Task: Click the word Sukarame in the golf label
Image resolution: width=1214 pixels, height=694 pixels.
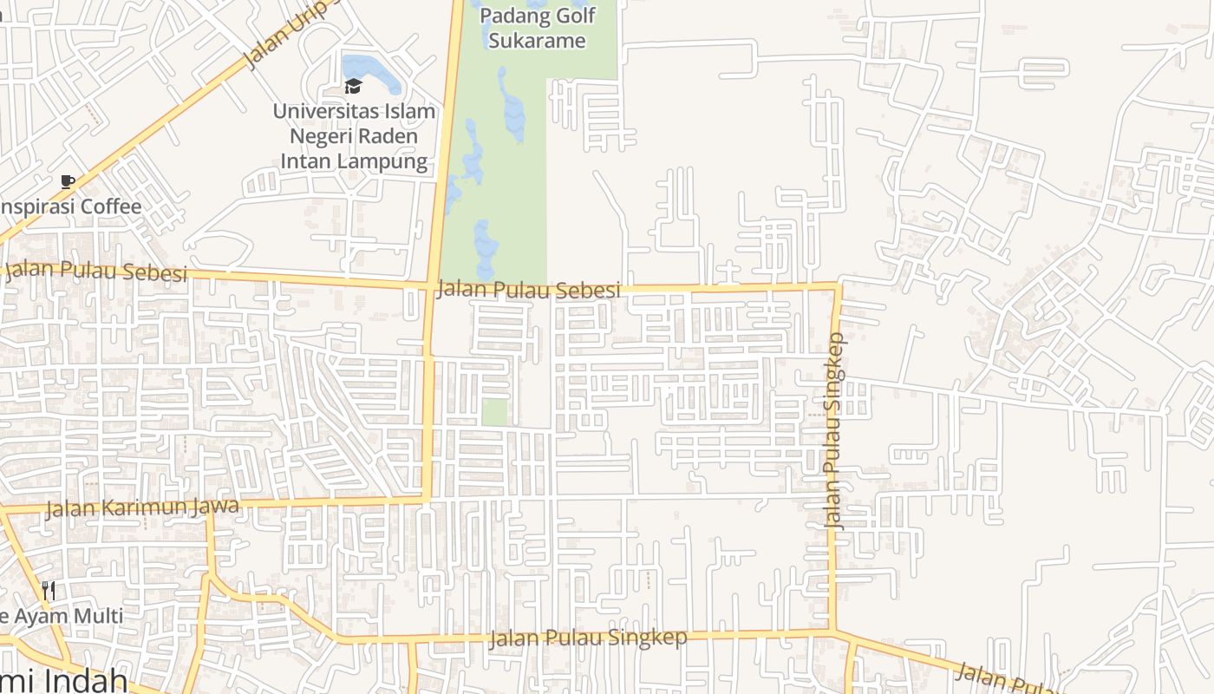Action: [x=537, y=40]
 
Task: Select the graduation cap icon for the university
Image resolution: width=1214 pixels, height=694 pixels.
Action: [x=352, y=86]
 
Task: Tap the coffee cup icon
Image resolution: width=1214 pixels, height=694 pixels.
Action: [x=68, y=181]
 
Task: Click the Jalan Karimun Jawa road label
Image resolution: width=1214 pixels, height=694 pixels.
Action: [x=141, y=507]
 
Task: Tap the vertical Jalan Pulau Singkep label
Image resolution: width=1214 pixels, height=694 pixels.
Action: [x=833, y=430]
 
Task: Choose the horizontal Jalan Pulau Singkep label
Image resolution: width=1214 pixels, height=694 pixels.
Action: [x=588, y=638]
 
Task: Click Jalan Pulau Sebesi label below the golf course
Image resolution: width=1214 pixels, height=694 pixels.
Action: [x=529, y=289]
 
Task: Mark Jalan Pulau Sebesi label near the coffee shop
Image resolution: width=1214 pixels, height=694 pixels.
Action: [x=96, y=271]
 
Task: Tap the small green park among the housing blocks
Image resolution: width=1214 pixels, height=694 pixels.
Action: [x=494, y=411]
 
